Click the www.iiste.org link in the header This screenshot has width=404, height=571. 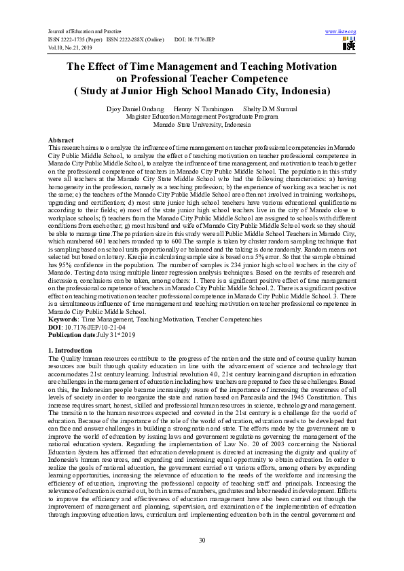(x=341, y=32)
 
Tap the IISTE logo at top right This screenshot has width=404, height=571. (x=349, y=45)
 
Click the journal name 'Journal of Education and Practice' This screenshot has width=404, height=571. (x=83, y=32)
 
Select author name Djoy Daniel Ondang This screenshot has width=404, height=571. (x=134, y=109)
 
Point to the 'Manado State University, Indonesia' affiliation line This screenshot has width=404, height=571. (x=202, y=125)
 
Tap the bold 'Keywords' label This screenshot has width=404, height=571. (x=63, y=317)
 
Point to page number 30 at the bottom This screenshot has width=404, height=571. (x=202, y=539)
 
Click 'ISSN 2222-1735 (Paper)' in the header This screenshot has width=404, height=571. (x=75, y=39)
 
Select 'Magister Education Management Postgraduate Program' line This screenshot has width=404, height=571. (x=202, y=117)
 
